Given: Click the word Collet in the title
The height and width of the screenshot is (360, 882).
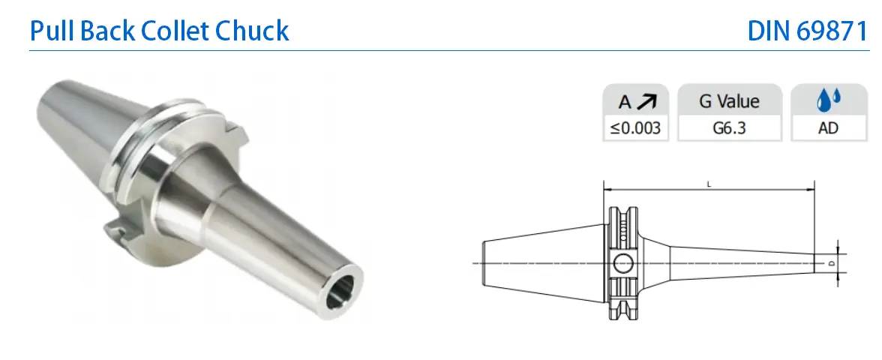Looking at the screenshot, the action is click(x=175, y=30).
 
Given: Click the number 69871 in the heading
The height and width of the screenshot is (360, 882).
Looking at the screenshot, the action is click(x=833, y=31).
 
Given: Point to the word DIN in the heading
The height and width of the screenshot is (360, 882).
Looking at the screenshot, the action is click(x=769, y=31).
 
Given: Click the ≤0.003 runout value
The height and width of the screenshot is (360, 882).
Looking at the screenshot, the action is click(x=636, y=128).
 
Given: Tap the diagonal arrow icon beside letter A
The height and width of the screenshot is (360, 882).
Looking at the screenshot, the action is click(x=646, y=102).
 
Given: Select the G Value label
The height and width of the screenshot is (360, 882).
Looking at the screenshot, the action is click(x=729, y=101).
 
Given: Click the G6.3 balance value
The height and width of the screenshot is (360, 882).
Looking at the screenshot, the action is click(x=729, y=128).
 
